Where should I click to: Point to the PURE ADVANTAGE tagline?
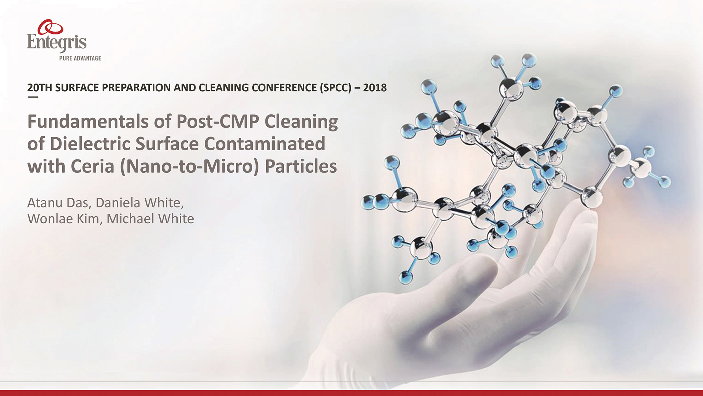coord(80,58)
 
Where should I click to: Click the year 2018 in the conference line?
coord(375,88)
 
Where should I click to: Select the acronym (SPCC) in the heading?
coord(335,88)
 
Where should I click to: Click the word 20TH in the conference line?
coord(40,88)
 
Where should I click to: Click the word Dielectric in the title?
coord(90,144)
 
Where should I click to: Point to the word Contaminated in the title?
coord(265,144)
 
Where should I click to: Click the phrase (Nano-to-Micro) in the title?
coord(190,166)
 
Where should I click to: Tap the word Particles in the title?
coord(301,166)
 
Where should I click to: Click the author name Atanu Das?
coord(58,203)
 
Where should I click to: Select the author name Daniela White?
coord(140,203)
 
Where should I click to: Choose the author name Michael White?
coord(150,219)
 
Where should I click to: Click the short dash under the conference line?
coord(33,97)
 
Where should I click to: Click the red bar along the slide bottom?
coord(351,393)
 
